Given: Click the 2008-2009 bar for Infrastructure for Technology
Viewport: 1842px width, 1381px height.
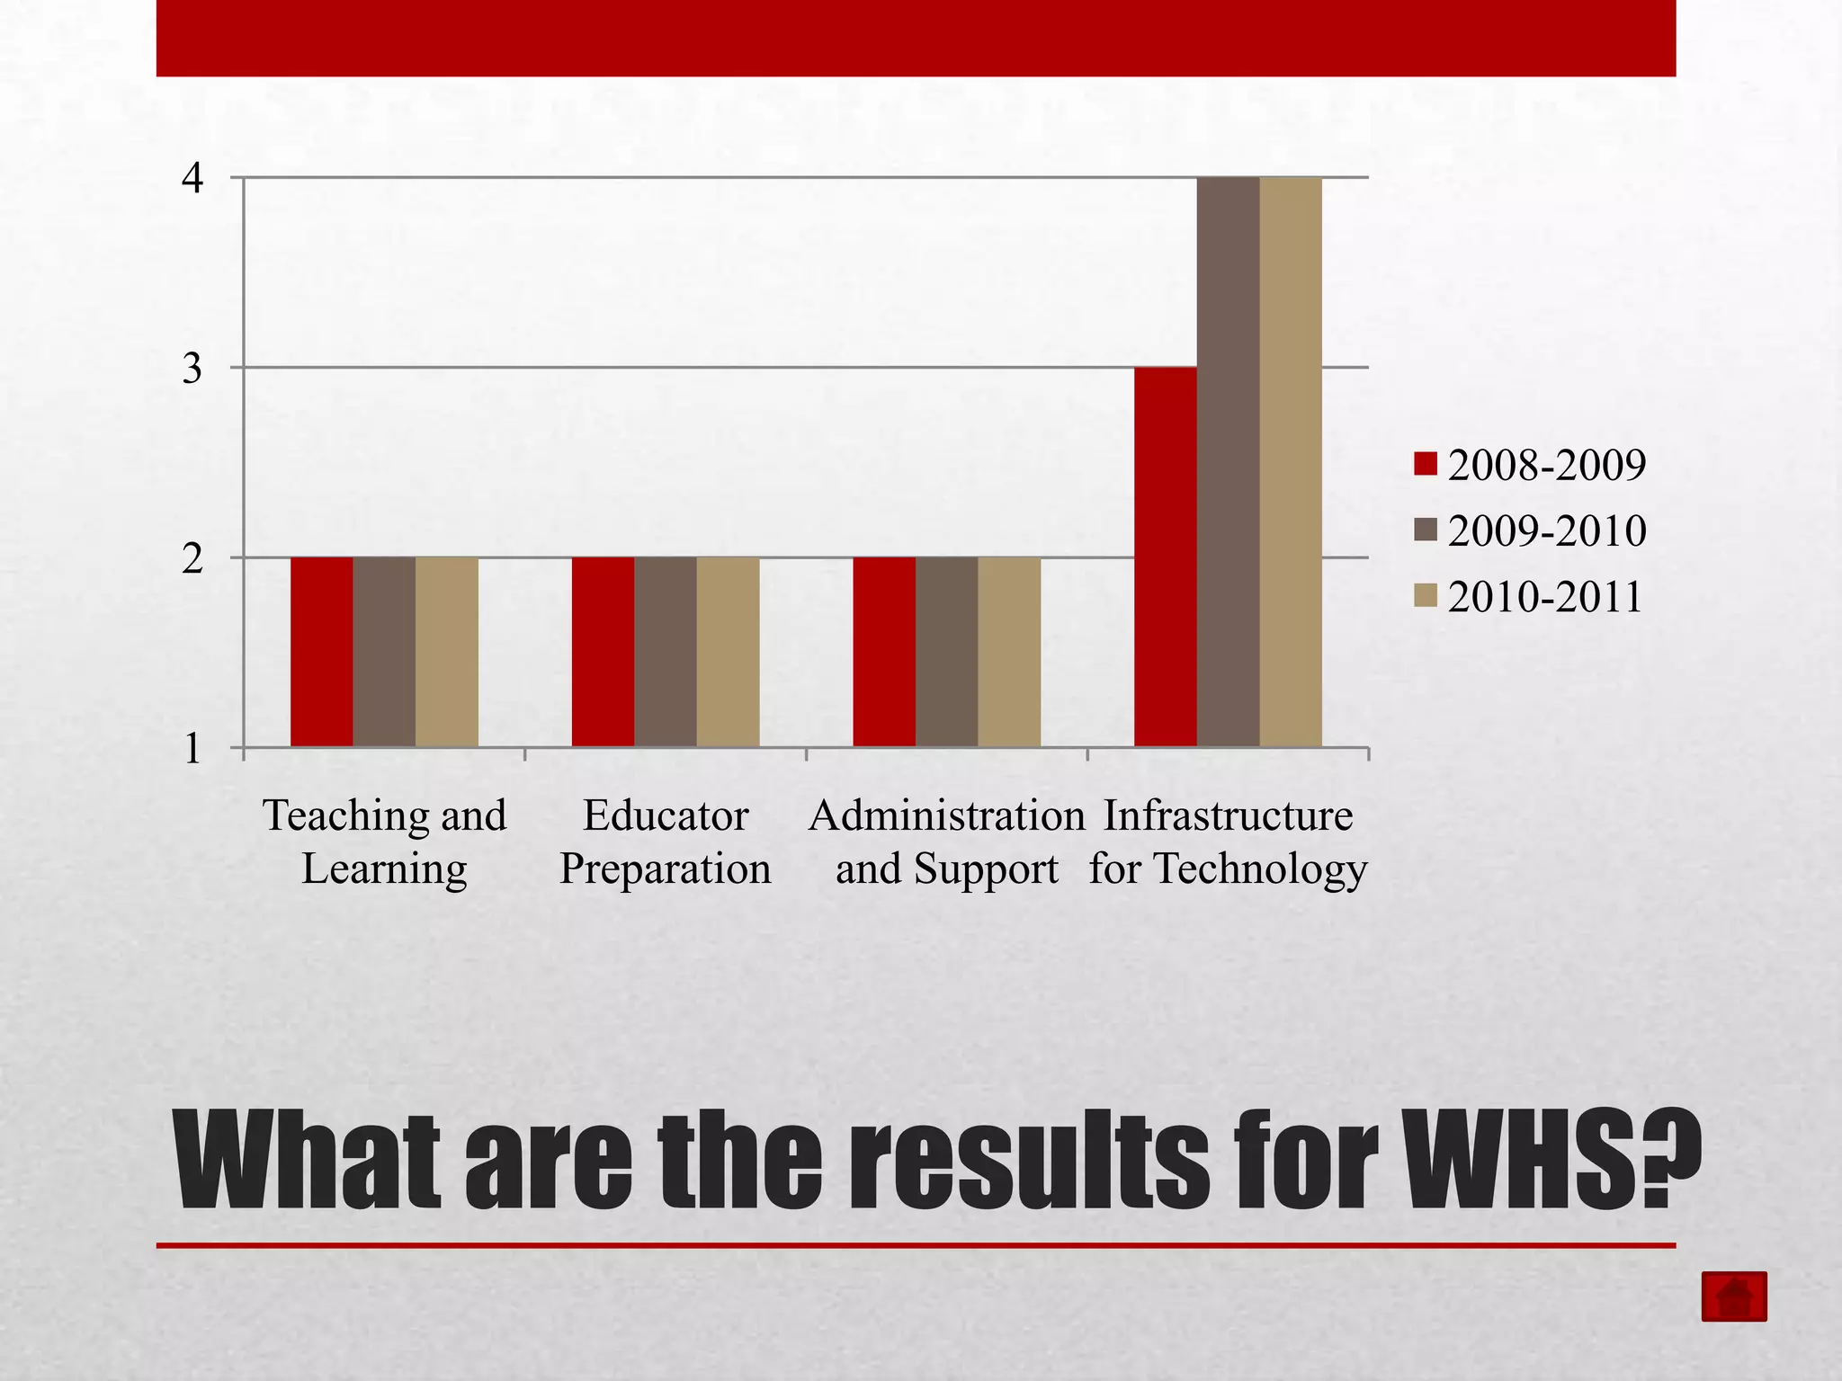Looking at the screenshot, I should click(x=1165, y=557).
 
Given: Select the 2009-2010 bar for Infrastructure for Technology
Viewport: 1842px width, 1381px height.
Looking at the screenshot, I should click(x=1228, y=462).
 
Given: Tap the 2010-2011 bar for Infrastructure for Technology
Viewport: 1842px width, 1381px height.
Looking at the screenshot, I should click(x=1291, y=462).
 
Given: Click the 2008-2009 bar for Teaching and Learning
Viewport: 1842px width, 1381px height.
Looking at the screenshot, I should click(x=321, y=652).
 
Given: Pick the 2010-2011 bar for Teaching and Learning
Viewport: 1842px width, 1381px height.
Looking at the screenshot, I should click(x=447, y=652).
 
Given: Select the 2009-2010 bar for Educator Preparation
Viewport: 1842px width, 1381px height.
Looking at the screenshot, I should click(x=666, y=652).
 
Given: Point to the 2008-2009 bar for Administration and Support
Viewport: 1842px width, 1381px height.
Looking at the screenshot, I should click(x=884, y=652).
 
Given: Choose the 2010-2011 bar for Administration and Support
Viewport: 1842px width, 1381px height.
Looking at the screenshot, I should click(x=1009, y=652).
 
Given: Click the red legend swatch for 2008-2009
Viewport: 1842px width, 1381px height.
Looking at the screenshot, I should click(x=1426, y=464).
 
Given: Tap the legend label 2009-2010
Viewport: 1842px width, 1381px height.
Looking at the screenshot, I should click(x=1547, y=530).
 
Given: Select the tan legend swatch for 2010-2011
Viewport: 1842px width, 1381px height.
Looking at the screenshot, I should click(x=1426, y=596).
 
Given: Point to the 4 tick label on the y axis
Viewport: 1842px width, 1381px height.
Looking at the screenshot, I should click(x=192, y=178).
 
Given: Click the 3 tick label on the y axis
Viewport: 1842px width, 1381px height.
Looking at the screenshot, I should click(x=192, y=369).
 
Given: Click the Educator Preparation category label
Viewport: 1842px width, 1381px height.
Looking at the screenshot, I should click(x=666, y=842).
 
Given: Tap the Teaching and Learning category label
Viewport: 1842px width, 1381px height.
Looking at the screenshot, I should click(x=384, y=842).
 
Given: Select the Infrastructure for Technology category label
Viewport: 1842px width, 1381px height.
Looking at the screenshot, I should click(x=1228, y=842).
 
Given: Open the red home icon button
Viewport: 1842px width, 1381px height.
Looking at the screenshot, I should click(x=1734, y=1296).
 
